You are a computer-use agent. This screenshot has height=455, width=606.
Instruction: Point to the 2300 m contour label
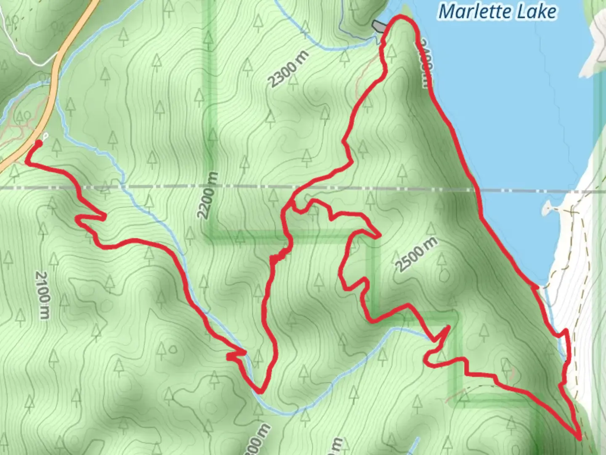(289, 69)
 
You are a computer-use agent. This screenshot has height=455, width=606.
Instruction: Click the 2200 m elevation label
(208, 195)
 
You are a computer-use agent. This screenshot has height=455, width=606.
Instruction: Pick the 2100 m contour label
(43, 294)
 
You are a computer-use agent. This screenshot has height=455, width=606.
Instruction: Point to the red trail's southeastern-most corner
(580, 438)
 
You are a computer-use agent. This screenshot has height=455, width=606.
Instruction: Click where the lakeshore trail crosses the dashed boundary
(478, 191)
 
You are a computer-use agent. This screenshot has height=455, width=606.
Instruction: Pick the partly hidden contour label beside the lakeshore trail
(425, 63)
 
